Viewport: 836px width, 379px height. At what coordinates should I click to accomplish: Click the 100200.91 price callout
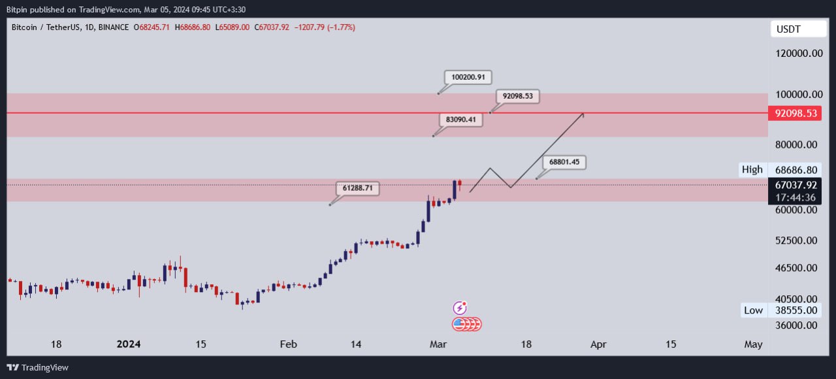(468, 77)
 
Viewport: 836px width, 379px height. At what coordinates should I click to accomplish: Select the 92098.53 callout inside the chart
(517, 96)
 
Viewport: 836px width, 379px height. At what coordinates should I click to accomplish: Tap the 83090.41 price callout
(460, 120)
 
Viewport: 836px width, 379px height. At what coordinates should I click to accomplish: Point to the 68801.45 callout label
(564, 161)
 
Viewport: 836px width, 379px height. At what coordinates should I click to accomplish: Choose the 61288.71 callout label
(359, 188)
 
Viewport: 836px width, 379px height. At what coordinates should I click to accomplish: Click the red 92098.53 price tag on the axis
(796, 113)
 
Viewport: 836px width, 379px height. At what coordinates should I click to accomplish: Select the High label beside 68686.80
(752, 169)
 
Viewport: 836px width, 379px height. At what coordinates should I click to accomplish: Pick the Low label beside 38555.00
(753, 310)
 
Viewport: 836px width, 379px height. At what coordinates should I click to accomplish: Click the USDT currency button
(788, 29)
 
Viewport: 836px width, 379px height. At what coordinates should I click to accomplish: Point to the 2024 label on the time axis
(129, 344)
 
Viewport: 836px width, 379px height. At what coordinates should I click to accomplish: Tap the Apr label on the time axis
(598, 344)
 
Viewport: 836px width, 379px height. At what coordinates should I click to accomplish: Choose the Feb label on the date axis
(288, 344)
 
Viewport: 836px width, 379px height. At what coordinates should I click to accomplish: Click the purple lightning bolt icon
(460, 308)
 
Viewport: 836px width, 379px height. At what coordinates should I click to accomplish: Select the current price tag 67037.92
(795, 185)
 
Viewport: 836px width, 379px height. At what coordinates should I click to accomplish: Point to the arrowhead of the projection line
(582, 115)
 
